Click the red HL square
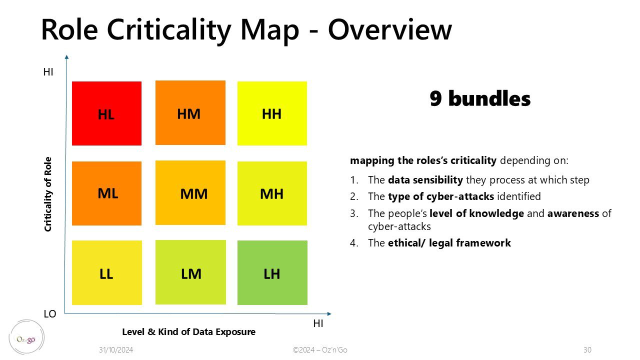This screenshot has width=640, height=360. pyautogui.click(x=106, y=113)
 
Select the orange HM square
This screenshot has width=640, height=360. pyautogui.click(x=190, y=112)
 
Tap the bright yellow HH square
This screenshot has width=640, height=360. pyautogui.click(x=272, y=113)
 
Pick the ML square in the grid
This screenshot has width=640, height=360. pyautogui.click(x=106, y=193)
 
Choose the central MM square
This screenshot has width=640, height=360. pyautogui.click(x=190, y=192)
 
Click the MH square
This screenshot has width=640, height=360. pyautogui.click(x=272, y=193)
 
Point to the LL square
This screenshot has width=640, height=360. pyautogui.click(x=107, y=272)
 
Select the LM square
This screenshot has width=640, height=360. pyautogui.click(x=190, y=272)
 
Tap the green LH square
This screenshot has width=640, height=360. pyautogui.click(x=272, y=272)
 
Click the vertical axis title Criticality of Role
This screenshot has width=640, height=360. pyautogui.click(x=47, y=194)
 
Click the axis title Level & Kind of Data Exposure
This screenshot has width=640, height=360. pyautogui.click(x=189, y=332)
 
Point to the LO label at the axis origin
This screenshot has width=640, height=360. pyautogui.click(x=49, y=314)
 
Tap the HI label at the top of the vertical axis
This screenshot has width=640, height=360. pyautogui.click(x=48, y=72)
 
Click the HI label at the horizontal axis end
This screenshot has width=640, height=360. pyautogui.click(x=318, y=323)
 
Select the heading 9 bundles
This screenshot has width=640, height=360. pyautogui.click(x=480, y=98)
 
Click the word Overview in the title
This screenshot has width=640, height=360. pyautogui.click(x=390, y=29)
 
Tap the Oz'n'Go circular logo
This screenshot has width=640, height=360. pyautogui.click(x=26, y=337)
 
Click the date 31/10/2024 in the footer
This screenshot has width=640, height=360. pyautogui.click(x=116, y=349)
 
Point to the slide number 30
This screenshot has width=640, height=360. pyautogui.click(x=587, y=349)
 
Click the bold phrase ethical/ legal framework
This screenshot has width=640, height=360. pyautogui.click(x=449, y=243)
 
